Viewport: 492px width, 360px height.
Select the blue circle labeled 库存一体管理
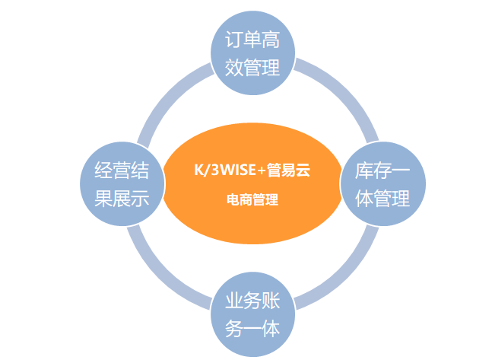pyautogui.click(x=382, y=183)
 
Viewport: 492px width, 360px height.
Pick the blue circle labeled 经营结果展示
pyautogui.click(x=122, y=183)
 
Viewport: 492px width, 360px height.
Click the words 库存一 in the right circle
pyautogui.click(x=382, y=170)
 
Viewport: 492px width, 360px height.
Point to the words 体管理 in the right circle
pyautogui.click(x=382, y=198)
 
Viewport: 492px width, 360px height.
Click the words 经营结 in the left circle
pyautogui.click(x=122, y=170)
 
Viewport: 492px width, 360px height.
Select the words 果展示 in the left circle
pyautogui.click(x=122, y=198)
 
